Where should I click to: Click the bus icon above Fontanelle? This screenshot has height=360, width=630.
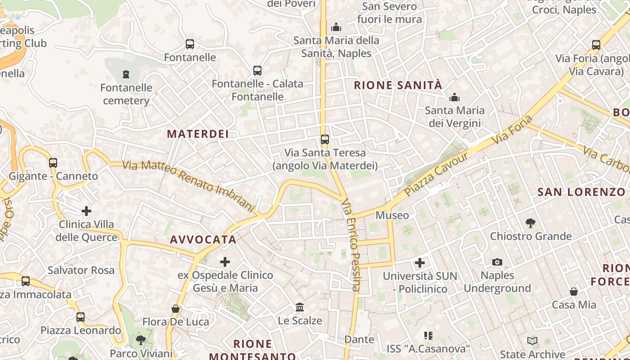[x=190, y=44]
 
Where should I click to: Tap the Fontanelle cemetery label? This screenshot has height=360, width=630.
[x=126, y=94]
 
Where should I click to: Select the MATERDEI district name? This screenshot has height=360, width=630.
[x=198, y=134]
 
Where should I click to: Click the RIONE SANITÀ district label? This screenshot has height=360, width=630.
[x=398, y=85]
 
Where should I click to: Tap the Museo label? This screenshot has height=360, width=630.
[x=392, y=215]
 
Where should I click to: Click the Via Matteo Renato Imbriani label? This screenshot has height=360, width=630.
[x=189, y=185]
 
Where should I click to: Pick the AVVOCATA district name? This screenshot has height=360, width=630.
[x=203, y=239]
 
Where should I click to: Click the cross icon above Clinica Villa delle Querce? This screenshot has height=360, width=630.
[x=86, y=211]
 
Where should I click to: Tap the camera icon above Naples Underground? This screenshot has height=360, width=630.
[x=497, y=262]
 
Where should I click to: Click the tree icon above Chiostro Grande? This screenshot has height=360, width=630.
[x=531, y=223]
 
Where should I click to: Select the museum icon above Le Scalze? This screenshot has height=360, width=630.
[x=300, y=307]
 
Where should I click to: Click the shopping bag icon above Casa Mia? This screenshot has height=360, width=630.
[x=574, y=292]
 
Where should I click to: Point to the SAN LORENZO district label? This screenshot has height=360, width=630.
[x=581, y=192]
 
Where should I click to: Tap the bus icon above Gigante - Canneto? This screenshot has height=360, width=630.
[x=53, y=162]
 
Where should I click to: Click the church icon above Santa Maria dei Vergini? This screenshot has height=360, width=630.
[x=454, y=97]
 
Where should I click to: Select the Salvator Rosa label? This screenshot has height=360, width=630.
[x=81, y=270]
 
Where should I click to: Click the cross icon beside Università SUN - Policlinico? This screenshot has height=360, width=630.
[x=420, y=262]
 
